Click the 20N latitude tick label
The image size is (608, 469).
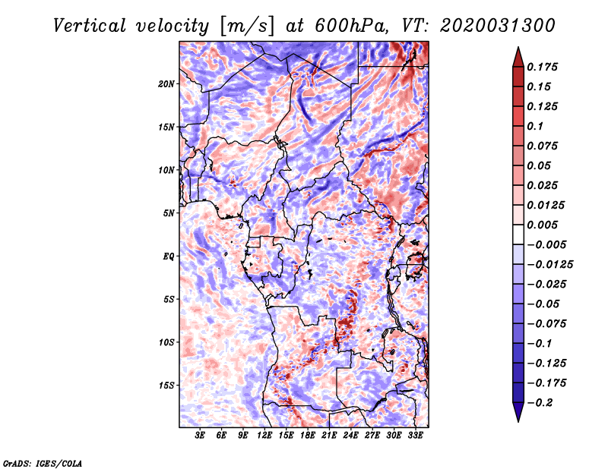point(166,84)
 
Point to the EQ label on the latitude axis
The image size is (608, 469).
point(168,257)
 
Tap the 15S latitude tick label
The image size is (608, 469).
point(166,386)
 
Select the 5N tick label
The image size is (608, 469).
point(169,213)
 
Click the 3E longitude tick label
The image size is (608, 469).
point(200,435)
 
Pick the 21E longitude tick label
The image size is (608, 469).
point(329,435)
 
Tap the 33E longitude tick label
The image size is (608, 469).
point(415,435)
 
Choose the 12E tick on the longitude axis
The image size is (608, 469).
point(264,435)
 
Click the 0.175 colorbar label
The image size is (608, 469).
point(542,67)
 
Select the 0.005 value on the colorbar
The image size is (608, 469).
point(542,225)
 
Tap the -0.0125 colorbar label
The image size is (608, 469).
point(550,265)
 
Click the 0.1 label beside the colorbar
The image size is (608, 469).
point(535,126)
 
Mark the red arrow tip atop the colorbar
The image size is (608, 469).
point(518,48)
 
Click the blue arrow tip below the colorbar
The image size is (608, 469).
point(518,421)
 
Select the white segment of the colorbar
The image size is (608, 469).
point(518,234)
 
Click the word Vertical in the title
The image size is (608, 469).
point(90,26)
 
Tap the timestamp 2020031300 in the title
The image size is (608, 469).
point(498,26)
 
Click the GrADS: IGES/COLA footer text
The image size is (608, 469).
point(43,464)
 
